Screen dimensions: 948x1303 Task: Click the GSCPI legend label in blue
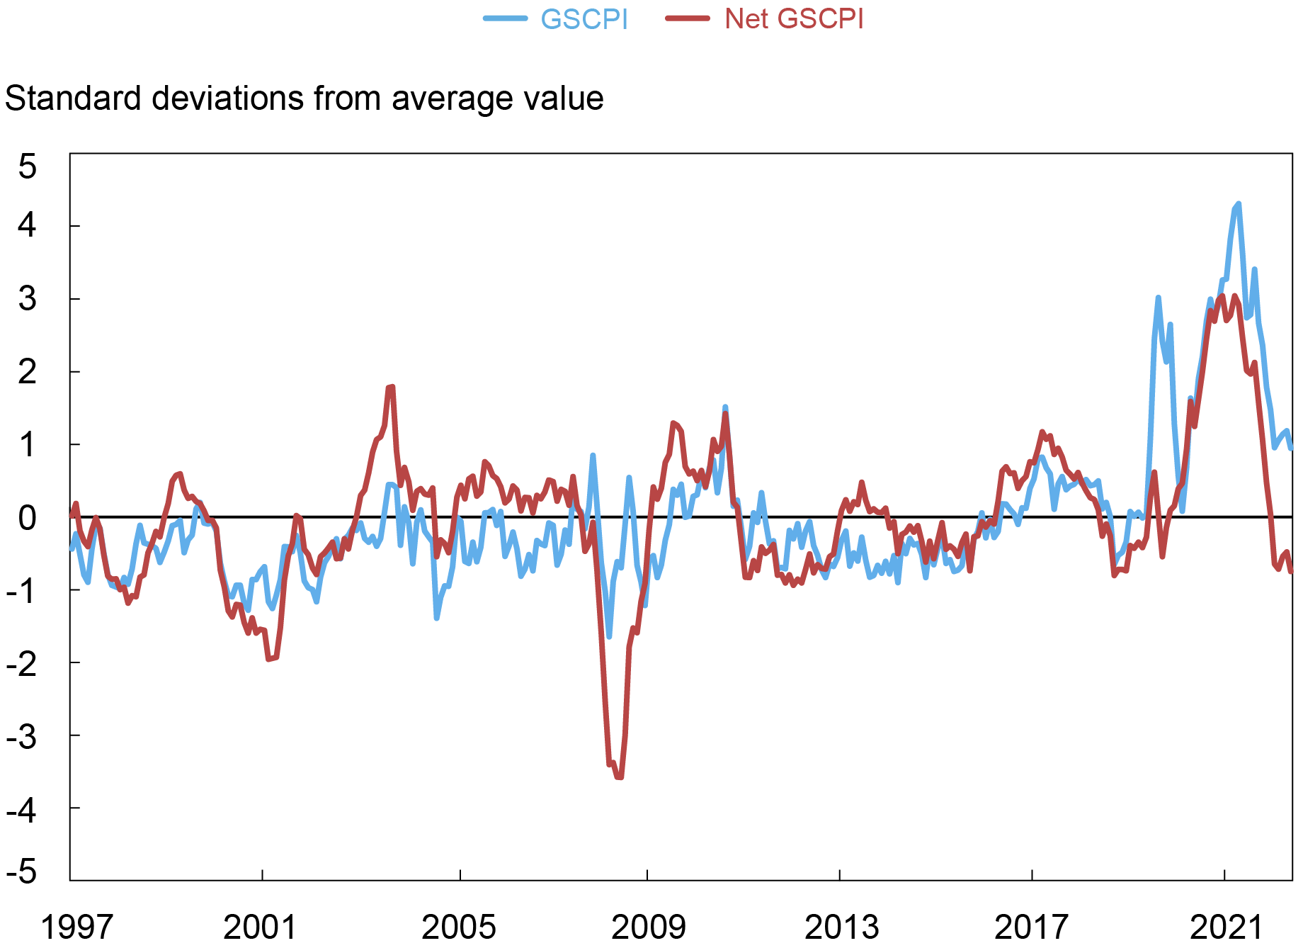click(x=584, y=19)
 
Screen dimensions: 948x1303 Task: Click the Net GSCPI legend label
click(x=794, y=19)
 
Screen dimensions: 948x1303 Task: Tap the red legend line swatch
click(x=687, y=19)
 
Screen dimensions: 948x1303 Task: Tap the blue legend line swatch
click(x=505, y=19)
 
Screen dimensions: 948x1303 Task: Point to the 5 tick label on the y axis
click(x=27, y=167)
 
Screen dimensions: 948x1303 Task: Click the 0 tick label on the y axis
click(x=27, y=518)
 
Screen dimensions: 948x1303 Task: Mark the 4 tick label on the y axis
click(x=27, y=226)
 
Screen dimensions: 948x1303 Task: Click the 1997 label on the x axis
click(x=76, y=927)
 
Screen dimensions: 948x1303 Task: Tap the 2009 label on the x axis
click(x=648, y=927)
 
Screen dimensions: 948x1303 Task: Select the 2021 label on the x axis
click(x=1226, y=927)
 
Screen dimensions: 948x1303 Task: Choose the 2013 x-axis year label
click(x=841, y=927)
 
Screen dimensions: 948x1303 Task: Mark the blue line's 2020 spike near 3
click(x=1158, y=298)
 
